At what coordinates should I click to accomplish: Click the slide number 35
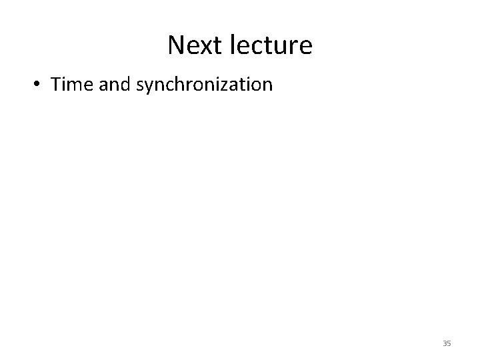coord(447,343)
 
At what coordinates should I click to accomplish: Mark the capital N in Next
coord(175,45)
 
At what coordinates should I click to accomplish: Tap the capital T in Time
coord(55,85)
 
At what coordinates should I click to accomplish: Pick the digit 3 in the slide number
coord(445,343)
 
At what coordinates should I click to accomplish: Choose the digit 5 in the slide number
coord(449,343)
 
